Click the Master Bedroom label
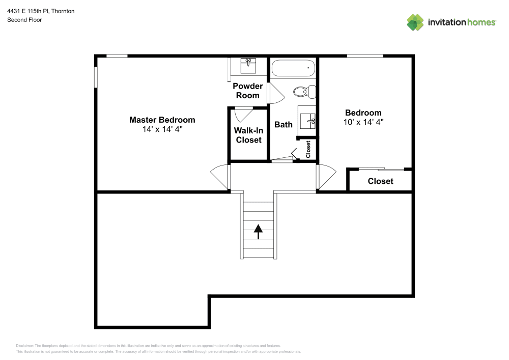pos(162,120)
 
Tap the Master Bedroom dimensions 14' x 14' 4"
pos(162,129)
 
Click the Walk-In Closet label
pos(248,135)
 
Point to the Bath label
pos(284,124)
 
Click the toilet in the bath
pos(304,92)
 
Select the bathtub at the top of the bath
pos(293,68)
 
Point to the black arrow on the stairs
pos(258,232)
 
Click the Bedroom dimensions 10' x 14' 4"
pos(363,122)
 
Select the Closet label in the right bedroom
pos(380,181)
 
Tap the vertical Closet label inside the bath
pos(308,149)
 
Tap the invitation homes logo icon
pos(415,22)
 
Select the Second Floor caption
pos(24,20)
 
